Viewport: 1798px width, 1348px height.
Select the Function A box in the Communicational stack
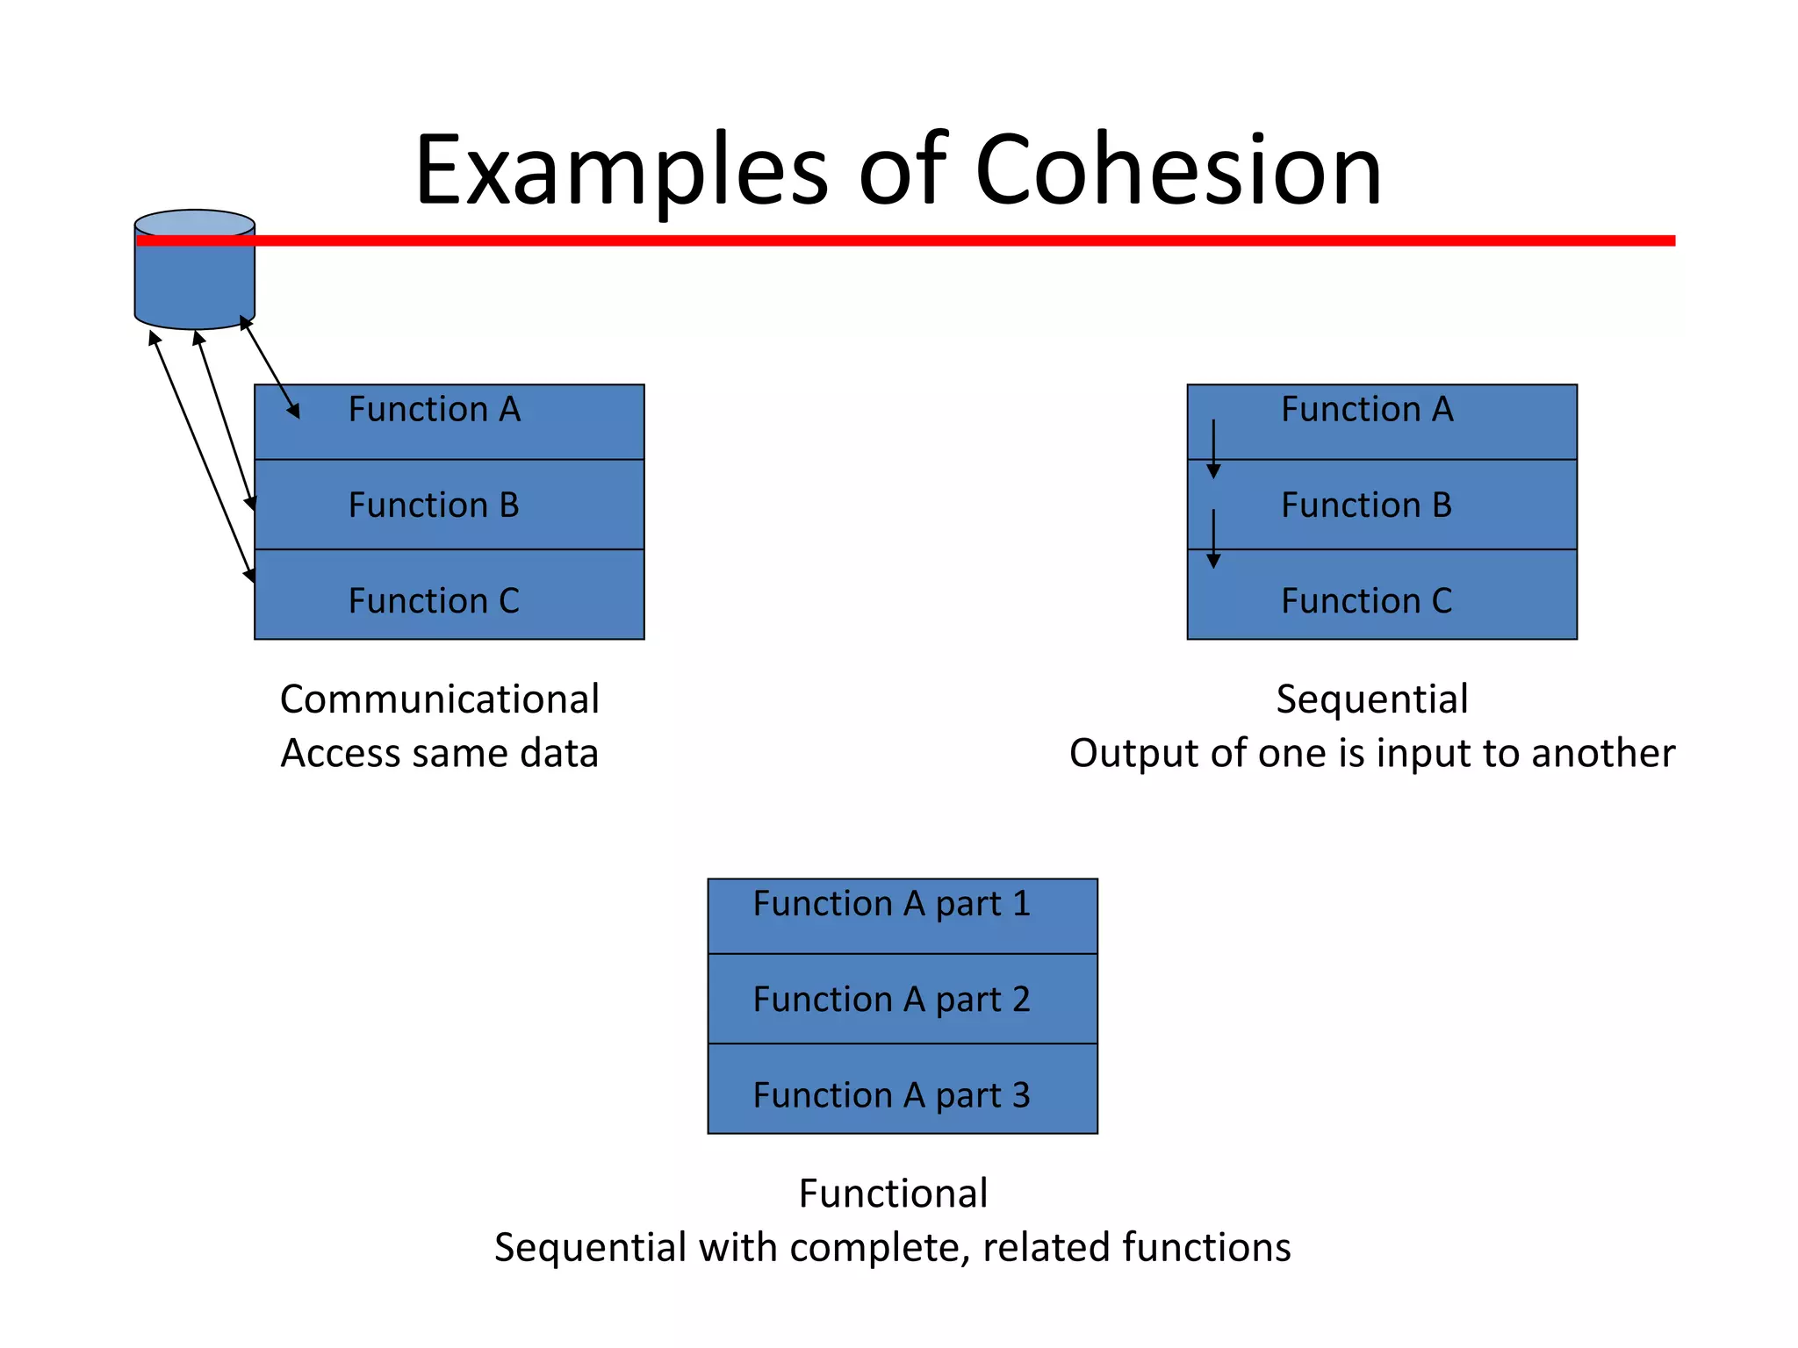449,422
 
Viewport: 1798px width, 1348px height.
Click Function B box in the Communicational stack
449,505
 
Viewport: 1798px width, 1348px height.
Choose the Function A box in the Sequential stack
1381,422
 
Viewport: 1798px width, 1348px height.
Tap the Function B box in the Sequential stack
1381,505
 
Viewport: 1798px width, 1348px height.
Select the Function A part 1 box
902,915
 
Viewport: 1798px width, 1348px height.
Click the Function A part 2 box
902,999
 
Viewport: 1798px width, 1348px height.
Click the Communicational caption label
439,699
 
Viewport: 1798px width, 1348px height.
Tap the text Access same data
439,753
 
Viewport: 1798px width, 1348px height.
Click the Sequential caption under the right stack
1371,699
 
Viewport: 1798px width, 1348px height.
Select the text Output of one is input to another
1371,753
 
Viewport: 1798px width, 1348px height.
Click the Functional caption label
893,1194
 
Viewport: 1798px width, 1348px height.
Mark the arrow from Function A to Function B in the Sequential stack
1213,448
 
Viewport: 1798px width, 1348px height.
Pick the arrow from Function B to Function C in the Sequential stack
1213,537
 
